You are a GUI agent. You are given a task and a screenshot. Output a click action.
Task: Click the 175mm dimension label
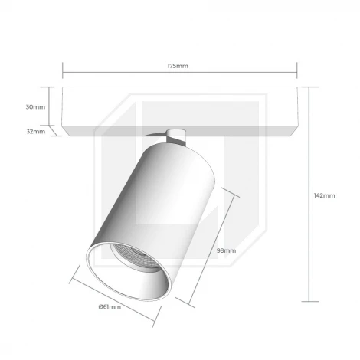pyautogui.click(x=178, y=66)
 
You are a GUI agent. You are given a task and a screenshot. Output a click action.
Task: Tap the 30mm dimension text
pyautogui.click(x=35, y=107)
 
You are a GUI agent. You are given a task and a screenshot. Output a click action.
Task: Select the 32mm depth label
pyautogui.click(x=36, y=132)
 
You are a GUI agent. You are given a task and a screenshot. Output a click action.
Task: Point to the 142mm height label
pyautogui.click(x=324, y=195)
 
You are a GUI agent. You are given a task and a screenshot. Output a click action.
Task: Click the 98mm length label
pyautogui.click(x=226, y=250)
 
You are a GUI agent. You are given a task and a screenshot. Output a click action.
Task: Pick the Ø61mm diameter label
pyautogui.click(x=110, y=306)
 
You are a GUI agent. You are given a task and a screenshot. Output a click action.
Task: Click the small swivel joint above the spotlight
pyautogui.click(x=175, y=138)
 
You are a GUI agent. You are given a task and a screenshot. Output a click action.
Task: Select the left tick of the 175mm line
pyautogui.click(x=63, y=70)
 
